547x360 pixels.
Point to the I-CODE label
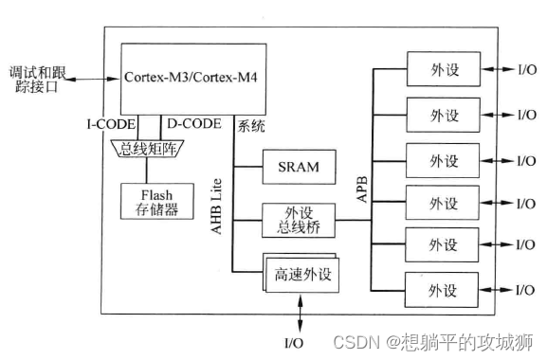click(105, 124)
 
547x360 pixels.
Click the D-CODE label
click(193, 124)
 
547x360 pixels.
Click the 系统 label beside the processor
click(252, 124)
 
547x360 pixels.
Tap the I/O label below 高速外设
click(296, 339)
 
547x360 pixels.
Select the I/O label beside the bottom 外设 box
click(527, 288)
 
